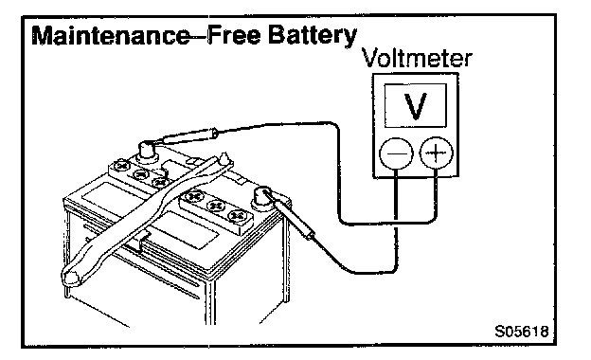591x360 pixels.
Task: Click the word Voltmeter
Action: pyautogui.click(x=417, y=59)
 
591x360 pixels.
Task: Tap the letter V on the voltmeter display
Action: pyautogui.click(x=415, y=106)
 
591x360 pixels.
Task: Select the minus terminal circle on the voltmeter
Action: pyautogui.click(x=396, y=153)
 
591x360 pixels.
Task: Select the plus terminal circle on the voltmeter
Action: pyautogui.click(x=436, y=153)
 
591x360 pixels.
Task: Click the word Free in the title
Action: pyautogui.click(x=234, y=35)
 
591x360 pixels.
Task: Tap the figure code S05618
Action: pyautogui.click(x=521, y=332)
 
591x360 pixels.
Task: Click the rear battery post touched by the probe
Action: pyautogui.click(x=147, y=151)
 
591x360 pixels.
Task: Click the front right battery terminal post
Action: pyautogui.click(x=261, y=198)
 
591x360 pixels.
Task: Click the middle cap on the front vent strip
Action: pyautogui.click(x=216, y=206)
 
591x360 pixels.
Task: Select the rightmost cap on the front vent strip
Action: pyautogui.click(x=237, y=216)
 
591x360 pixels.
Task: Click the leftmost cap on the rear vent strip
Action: pyautogui.click(x=122, y=166)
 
